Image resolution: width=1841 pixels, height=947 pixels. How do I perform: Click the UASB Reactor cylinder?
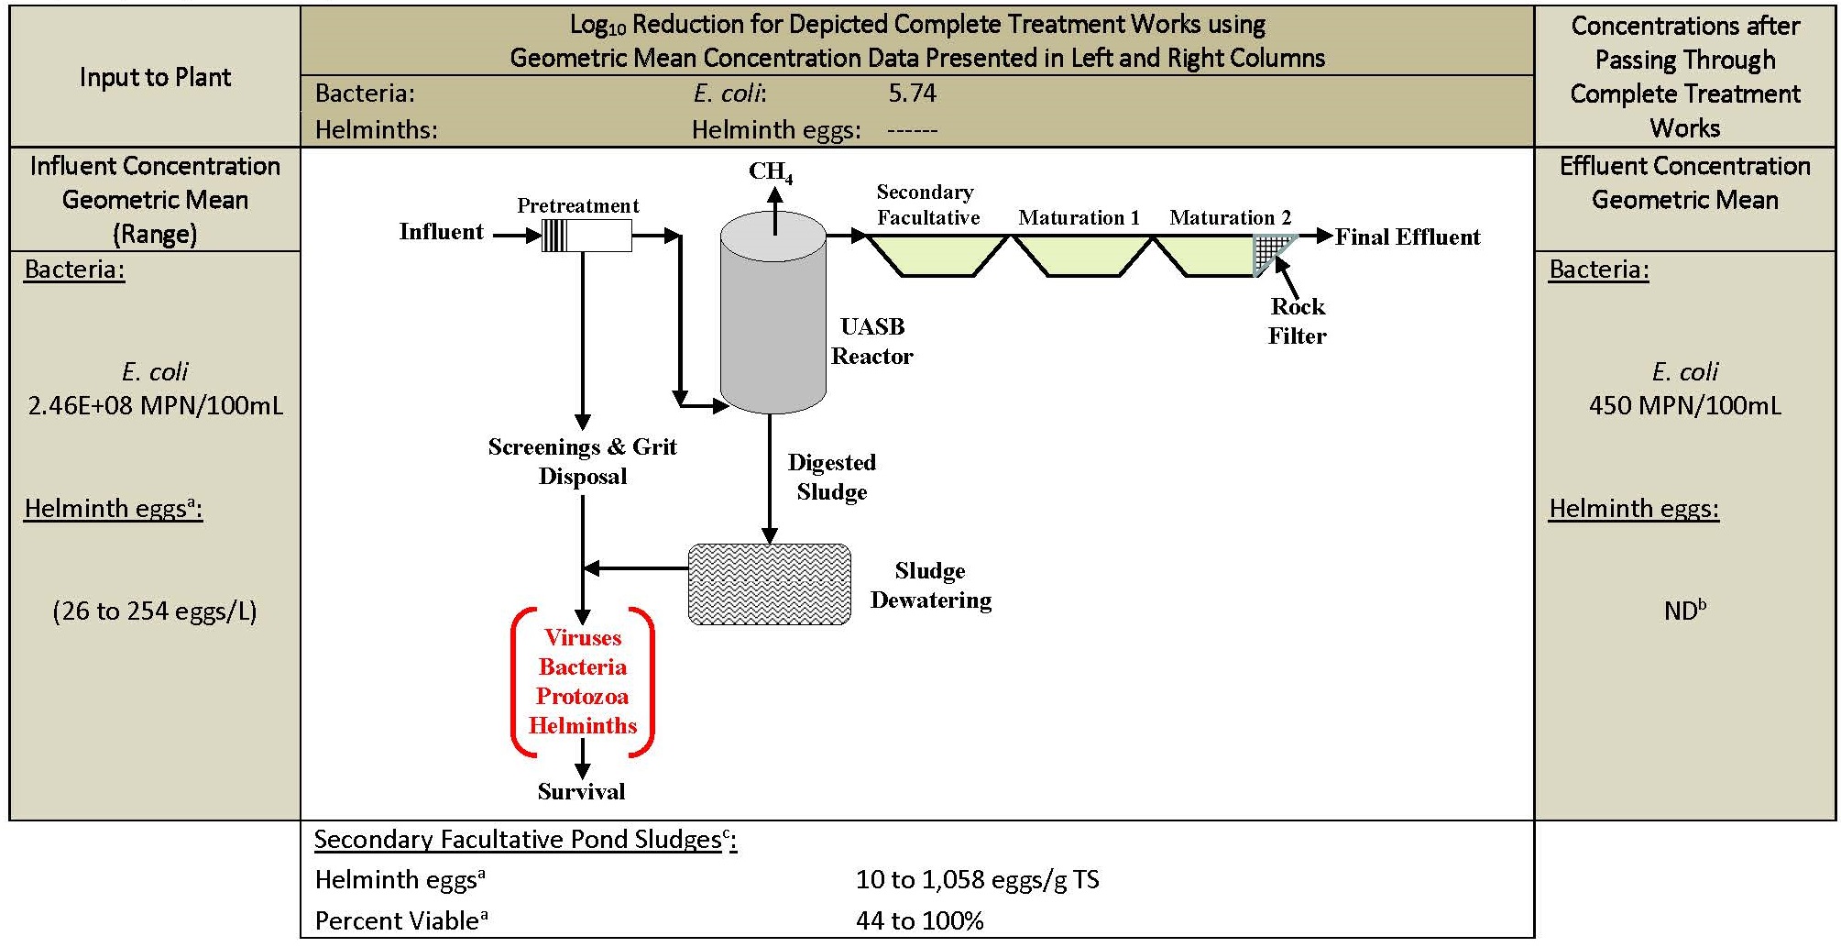[x=773, y=312]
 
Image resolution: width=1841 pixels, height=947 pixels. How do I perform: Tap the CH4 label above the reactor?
[x=771, y=172]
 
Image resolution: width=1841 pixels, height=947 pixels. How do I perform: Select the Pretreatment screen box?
[x=586, y=236]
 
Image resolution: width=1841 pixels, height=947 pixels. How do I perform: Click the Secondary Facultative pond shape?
[x=937, y=256]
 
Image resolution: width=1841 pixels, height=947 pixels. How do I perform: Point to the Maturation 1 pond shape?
[x=1082, y=256]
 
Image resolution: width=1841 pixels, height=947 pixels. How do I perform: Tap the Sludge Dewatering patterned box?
[x=770, y=585]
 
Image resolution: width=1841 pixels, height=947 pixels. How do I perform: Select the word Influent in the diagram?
[x=441, y=232]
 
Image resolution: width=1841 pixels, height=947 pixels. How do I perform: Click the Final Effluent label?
[x=1408, y=237]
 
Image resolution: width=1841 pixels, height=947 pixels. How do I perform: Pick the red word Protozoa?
[x=583, y=697]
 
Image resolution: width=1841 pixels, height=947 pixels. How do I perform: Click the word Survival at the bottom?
[x=582, y=792]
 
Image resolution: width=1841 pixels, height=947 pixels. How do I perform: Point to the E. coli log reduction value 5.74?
[x=913, y=94]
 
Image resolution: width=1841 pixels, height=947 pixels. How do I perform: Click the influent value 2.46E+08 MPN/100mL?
[x=156, y=405]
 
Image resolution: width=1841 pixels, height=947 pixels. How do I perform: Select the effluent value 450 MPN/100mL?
[x=1685, y=405]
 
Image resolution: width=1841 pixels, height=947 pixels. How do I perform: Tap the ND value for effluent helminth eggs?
[x=1685, y=610]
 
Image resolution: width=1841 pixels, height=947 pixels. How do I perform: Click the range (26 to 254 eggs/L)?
[x=155, y=611]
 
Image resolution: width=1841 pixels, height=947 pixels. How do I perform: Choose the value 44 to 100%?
[x=920, y=920]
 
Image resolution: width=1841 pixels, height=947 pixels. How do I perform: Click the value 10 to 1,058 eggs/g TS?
[x=978, y=880]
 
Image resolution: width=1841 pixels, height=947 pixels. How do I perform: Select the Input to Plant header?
[x=155, y=77]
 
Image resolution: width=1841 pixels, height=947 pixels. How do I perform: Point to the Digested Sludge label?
[x=832, y=477]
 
